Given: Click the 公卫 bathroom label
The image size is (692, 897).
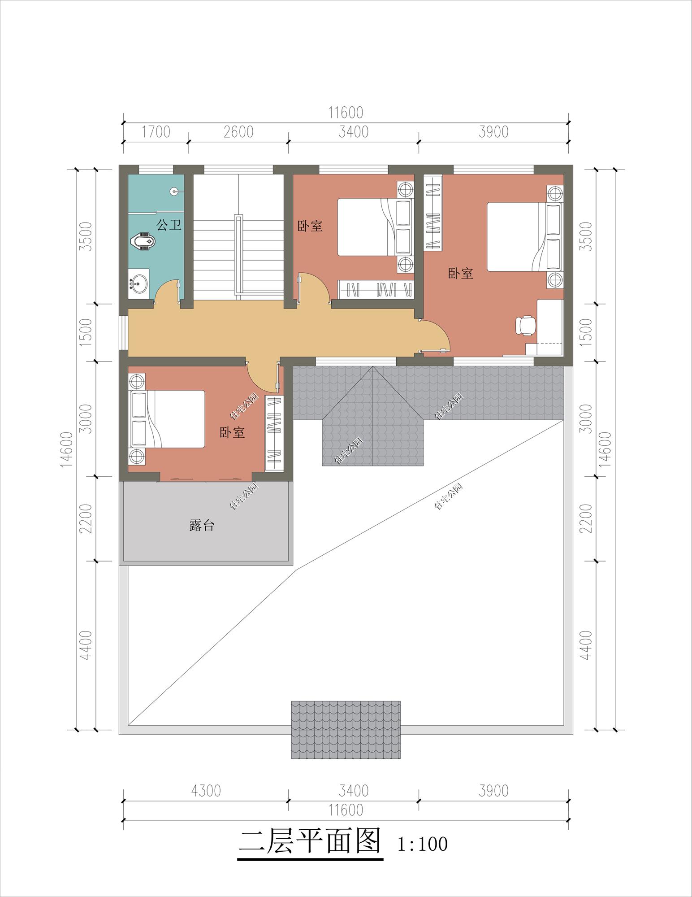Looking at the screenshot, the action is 169,225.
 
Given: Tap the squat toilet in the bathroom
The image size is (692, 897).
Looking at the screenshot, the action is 143,242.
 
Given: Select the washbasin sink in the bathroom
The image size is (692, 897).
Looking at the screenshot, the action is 139,282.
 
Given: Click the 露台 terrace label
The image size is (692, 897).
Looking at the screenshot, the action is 202,526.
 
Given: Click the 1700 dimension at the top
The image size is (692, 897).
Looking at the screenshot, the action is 156,132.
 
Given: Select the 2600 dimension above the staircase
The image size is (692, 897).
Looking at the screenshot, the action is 238,132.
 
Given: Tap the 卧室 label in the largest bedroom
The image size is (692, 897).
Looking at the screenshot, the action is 461,273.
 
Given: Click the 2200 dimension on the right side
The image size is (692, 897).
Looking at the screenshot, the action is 587,519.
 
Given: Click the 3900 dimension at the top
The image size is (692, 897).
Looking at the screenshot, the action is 493,132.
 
